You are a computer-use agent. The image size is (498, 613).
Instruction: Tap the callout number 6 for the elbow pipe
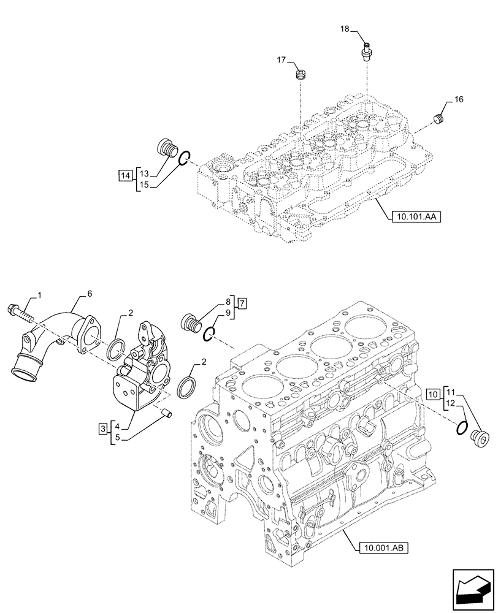tap(90, 295)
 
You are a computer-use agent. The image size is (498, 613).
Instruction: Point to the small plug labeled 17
tap(301, 76)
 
